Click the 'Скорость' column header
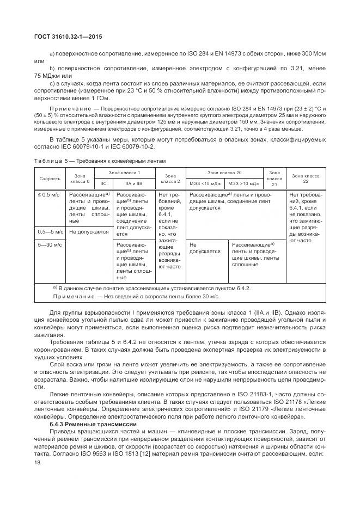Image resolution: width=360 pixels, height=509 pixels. coord(50,179)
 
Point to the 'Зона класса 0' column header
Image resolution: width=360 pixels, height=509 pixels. coord(80,179)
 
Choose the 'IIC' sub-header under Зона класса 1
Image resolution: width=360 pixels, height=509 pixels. coord(103,184)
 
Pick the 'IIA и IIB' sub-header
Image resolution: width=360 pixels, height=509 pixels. coord(133,184)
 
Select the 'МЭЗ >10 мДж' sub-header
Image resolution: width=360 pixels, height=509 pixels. coord(243,184)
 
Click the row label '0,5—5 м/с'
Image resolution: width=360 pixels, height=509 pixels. coord(50,231)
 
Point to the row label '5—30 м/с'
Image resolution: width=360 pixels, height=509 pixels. coord(50,245)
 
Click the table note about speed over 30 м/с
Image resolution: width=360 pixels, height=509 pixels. coord(136,296)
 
